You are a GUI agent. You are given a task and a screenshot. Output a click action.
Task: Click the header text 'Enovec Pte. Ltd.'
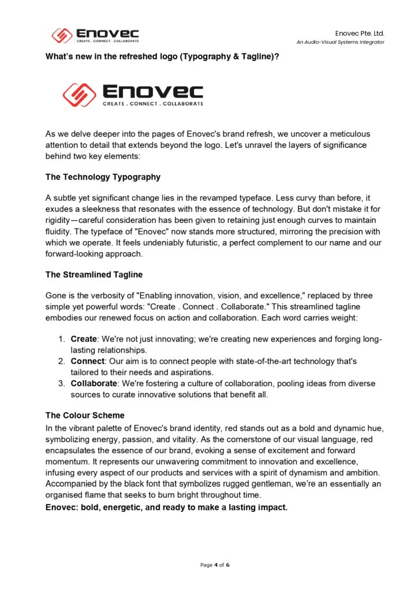359,33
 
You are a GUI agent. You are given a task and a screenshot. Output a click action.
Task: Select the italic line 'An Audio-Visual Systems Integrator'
341,42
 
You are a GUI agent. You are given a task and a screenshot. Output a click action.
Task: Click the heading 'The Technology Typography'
103,177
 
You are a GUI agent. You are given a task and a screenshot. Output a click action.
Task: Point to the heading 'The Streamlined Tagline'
94,275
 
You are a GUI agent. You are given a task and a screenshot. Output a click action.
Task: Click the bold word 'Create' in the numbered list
84,339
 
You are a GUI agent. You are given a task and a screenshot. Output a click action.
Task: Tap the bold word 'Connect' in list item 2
87,361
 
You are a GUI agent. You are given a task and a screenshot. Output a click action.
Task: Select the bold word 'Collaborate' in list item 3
94,383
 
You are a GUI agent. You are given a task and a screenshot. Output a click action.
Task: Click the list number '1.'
61,339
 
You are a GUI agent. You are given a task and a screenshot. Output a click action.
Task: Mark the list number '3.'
61,383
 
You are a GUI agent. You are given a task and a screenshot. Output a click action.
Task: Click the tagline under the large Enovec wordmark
152,104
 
